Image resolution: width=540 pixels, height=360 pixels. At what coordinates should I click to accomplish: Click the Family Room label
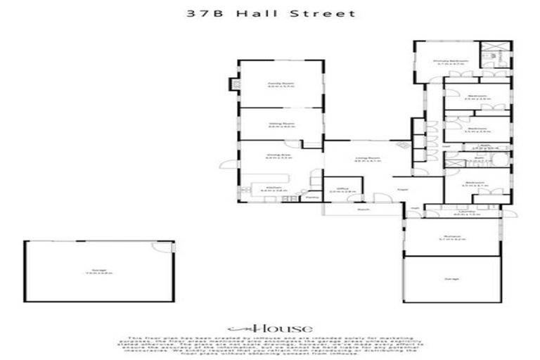coord(280,84)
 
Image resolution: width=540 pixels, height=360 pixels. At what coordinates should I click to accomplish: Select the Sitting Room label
coord(280,125)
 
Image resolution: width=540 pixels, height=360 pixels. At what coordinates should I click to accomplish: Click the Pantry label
coord(313,198)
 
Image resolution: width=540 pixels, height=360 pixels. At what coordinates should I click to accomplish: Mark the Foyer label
coord(403,189)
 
